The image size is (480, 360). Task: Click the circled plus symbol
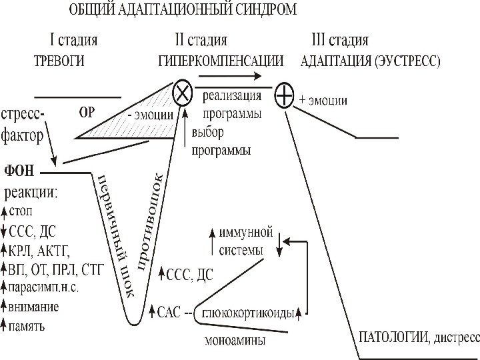(x=285, y=98)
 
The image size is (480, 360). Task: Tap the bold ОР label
(x=87, y=112)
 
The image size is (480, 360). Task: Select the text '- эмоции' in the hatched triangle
(x=151, y=115)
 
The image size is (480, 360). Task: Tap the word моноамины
(x=233, y=340)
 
